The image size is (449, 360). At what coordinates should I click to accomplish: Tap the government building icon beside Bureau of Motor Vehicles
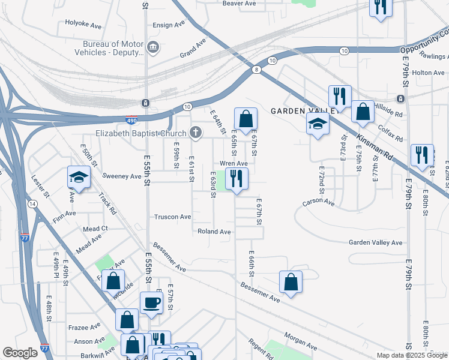click(x=152, y=47)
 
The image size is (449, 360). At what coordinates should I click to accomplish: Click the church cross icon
click(x=195, y=133)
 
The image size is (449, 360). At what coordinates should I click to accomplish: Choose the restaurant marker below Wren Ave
click(x=237, y=178)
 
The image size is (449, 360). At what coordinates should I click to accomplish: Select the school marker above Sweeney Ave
click(x=78, y=177)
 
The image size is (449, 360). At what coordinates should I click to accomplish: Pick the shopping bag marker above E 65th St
click(x=246, y=119)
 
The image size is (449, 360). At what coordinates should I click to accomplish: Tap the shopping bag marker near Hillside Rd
click(x=363, y=112)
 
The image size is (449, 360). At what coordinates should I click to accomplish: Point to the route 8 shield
click(x=257, y=70)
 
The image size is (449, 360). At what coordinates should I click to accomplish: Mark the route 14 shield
click(x=32, y=204)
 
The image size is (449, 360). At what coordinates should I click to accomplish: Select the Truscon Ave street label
click(x=173, y=217)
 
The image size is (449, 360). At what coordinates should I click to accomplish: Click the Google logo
click(x=20, y=353)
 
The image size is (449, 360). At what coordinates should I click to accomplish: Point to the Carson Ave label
click(x=318, y=203)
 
